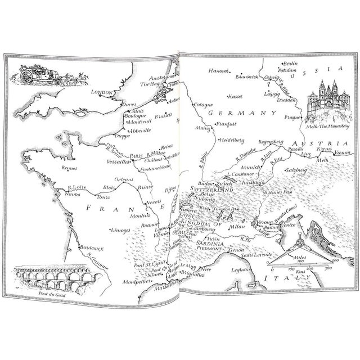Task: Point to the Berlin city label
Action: pyautogui.click(x=290, y=64)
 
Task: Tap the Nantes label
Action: pyautogui.click(x=65, y=193)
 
